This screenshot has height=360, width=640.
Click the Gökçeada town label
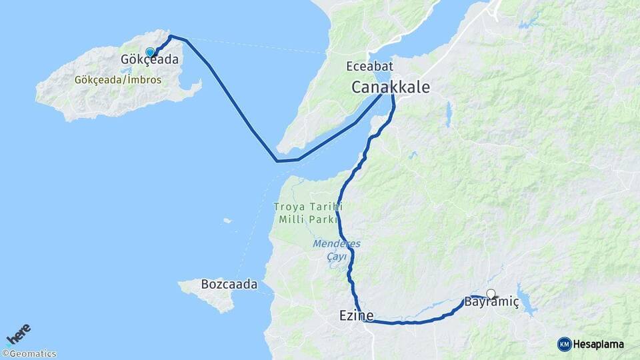[x=149, y=59]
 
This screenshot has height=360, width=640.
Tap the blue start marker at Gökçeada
[x=150, y=52]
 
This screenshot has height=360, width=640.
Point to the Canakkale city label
[x=391, y=87]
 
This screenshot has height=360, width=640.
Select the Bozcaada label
[x=229, y=284]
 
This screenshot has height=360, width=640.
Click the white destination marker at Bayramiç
[x=491, y=293]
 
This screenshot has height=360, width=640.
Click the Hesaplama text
[x=599, y=344]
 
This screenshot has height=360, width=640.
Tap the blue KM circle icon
[x=564, y=344]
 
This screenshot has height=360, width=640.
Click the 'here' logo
[x=18, y=334]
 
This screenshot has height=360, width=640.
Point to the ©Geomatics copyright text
[x=29, y=354]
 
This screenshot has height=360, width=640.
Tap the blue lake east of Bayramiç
[x=527, y=304]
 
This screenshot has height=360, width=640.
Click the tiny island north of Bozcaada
[x=227, y=221]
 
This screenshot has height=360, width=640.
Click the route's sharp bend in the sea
[x=277, y=161]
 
